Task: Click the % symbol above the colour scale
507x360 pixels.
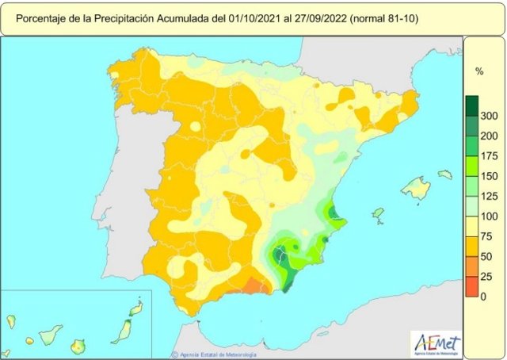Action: [x=479, y=71]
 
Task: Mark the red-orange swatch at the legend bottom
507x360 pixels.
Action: [x=471, y=286]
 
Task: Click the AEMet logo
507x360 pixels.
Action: [x=434, y=342]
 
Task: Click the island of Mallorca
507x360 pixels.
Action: [x=415, y=188]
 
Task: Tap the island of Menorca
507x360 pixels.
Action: [x=445, y=174]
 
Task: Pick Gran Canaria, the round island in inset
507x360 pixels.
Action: [x=78, y=346]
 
